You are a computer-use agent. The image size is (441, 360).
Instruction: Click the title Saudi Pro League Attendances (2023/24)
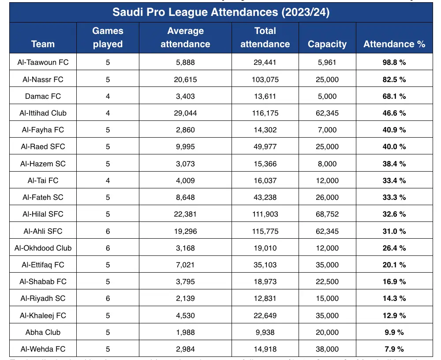point(221,12)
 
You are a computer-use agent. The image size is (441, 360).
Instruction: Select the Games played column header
point(108,37)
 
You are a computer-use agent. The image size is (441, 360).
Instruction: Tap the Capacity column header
point(327,44)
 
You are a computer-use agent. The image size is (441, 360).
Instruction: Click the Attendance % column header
point(394,44)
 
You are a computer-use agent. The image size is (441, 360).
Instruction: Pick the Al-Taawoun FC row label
point(43,62)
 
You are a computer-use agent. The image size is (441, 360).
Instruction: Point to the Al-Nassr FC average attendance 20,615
point(185,79)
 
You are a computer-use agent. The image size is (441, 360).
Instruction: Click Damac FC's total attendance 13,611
point(265,96)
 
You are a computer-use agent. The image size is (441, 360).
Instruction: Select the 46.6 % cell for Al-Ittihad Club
point(394,113)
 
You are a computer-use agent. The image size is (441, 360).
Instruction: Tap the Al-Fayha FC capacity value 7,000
point(327,130)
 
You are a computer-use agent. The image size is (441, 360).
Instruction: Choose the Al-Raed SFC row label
point(43,146)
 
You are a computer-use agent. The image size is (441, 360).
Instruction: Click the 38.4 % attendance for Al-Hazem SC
point(394,164)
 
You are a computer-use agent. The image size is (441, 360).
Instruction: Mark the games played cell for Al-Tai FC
point(108,180)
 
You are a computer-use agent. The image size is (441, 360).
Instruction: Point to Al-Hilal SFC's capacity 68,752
point(327,214)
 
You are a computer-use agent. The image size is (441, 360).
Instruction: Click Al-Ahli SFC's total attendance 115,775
point(265,231)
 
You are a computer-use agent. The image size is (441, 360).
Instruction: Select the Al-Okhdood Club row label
point(43,248)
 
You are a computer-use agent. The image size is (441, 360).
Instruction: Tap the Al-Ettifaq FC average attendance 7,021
point(185,265)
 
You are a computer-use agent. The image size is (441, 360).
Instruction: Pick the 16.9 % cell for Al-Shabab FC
point(394,281)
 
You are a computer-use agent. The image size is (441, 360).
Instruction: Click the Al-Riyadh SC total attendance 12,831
point(265,298)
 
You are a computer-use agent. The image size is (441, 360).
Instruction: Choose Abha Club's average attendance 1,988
point(185,332)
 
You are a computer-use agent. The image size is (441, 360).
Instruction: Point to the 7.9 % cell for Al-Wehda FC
point(394,349)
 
